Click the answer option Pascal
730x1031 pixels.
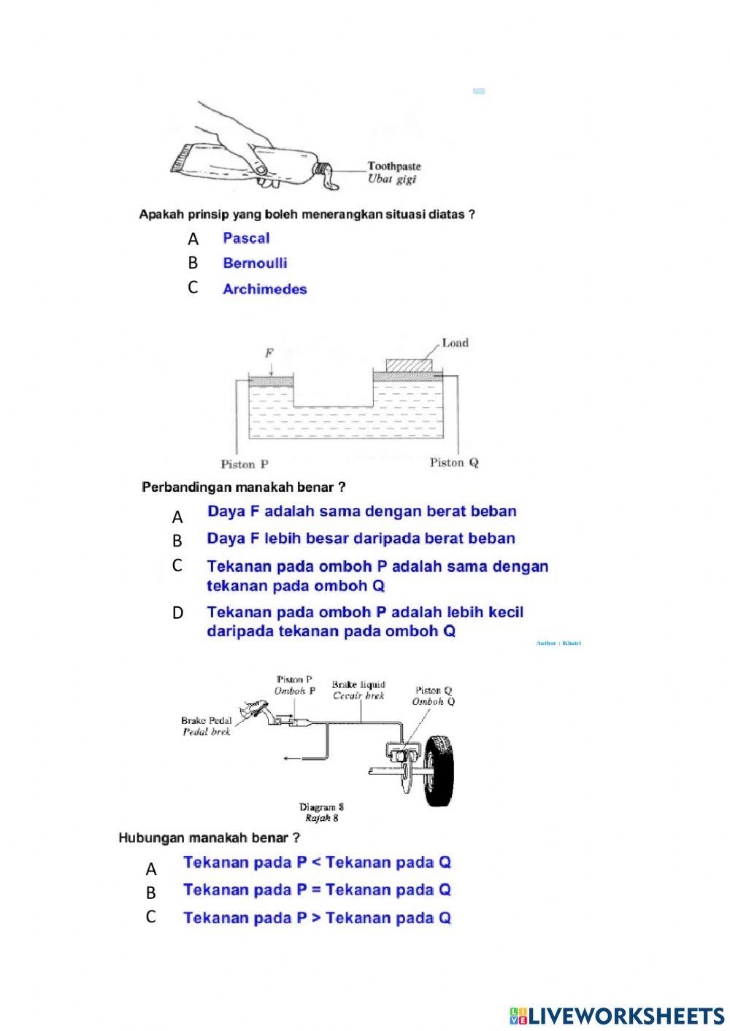point(246,238)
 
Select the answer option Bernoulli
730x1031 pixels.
point(255,263)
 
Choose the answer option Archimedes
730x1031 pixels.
point(264,289)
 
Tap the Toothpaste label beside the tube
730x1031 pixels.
point(393,166)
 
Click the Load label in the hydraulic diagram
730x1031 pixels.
point(455,343)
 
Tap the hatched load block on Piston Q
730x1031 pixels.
point(409,365)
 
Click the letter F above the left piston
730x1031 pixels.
point(269,352)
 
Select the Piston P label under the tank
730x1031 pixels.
point(245,464)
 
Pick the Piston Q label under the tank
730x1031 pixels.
point(454,463)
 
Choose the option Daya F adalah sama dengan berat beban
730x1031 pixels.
point(361,511)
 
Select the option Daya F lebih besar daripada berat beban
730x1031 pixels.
point(361,538)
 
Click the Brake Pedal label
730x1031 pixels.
point(207,721)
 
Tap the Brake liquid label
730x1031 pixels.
point(358,684)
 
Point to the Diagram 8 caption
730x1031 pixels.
point(321,807)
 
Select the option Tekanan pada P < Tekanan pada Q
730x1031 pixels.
point(317,862)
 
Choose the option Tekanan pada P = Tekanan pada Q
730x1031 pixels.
point(317,889)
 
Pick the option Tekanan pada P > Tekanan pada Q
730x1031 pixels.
point(317,918)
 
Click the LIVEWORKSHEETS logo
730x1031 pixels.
point(617,1016)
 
